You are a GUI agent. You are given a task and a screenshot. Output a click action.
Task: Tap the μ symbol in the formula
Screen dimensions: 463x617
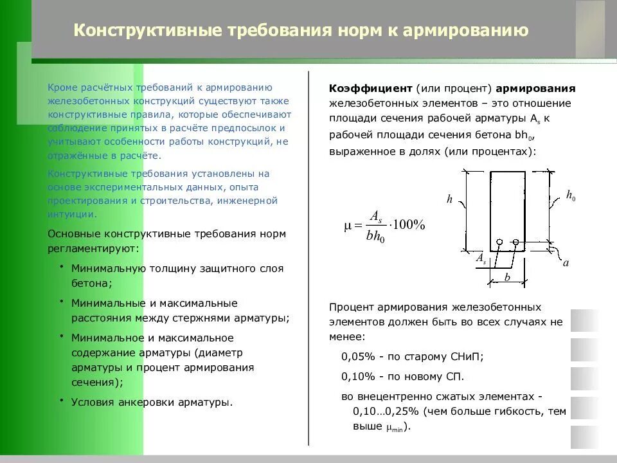click(x=349, y=226)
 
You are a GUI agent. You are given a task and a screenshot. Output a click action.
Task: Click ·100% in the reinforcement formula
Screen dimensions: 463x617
click(x=406, y=225)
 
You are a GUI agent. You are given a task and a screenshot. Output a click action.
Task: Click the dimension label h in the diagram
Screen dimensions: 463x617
click(x=450, y=199)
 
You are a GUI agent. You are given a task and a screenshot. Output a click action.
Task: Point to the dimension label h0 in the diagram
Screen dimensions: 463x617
click(x=570, y=195)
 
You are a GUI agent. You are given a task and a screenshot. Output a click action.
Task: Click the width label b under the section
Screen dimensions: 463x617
click(x=506, y=278)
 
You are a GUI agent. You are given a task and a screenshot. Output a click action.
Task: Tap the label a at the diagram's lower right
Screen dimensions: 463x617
click(x=566, y=262)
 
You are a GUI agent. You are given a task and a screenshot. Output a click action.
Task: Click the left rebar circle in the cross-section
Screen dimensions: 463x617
click(x=498, y=242)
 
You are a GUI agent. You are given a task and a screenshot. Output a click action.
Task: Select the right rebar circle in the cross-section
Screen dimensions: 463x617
click(x=516, y=242)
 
